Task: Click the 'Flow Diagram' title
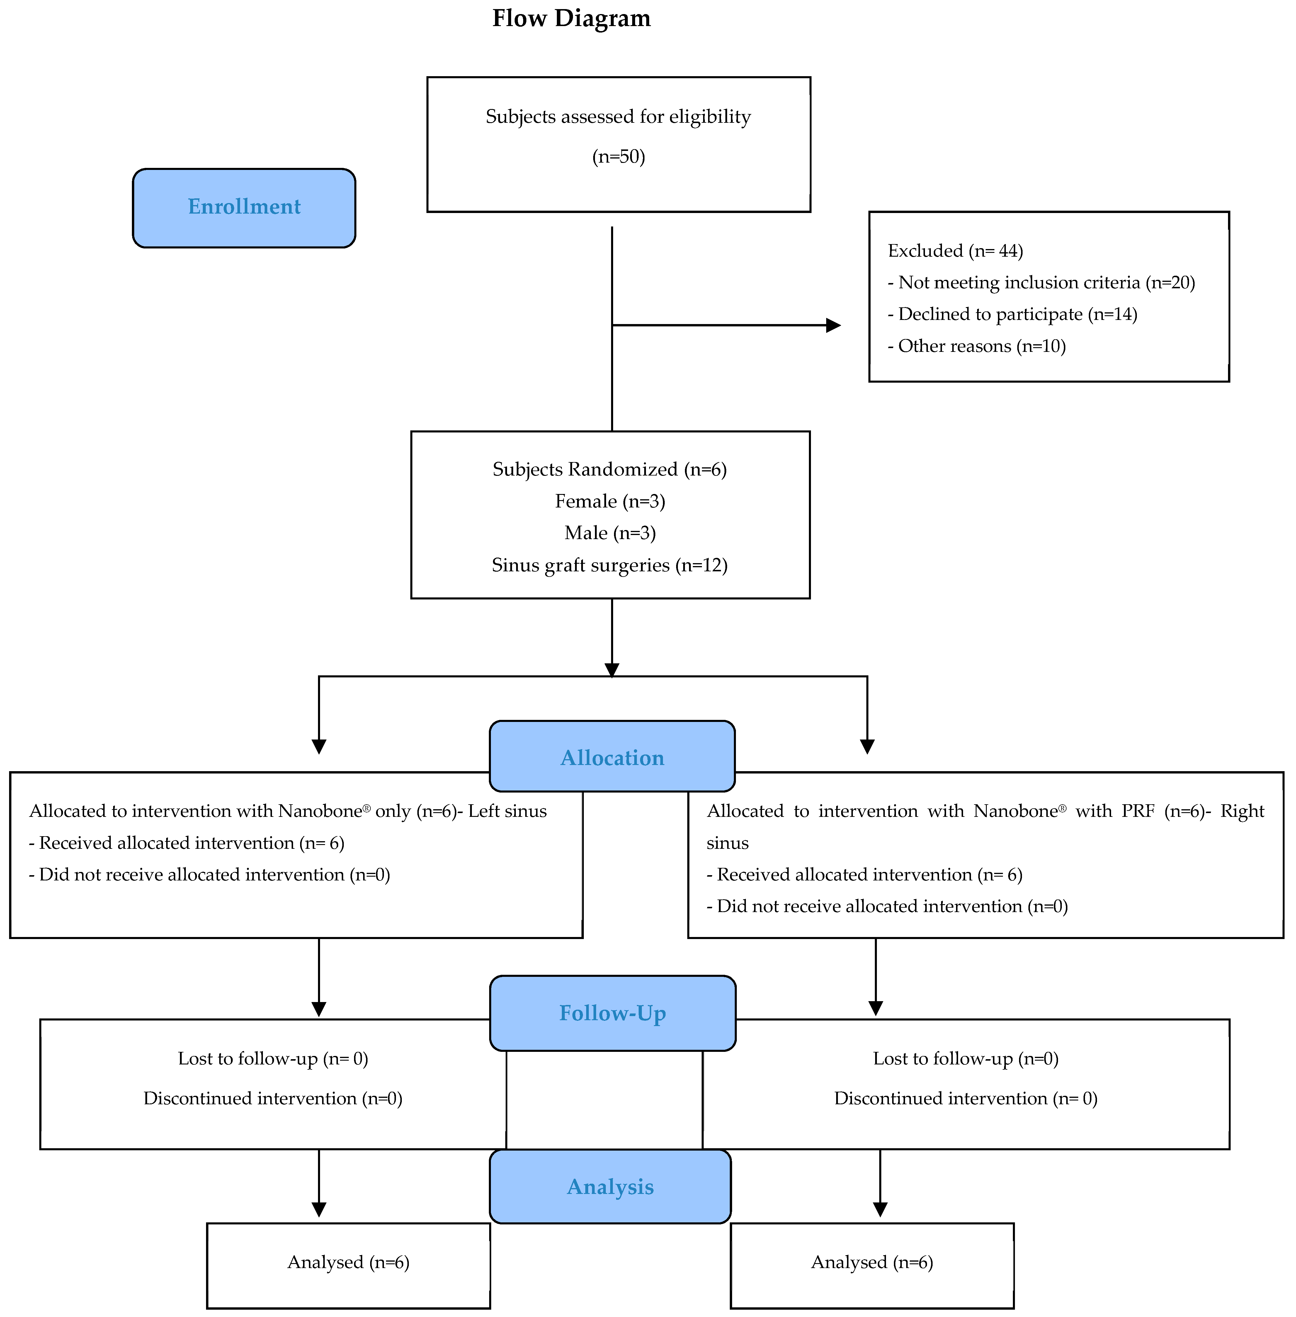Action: click(571, 18)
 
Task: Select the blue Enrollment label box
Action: click(244, 208)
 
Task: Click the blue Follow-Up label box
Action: click(612, 1013)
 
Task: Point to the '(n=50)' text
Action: click(618, 157)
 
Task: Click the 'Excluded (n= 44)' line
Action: click(955, 251)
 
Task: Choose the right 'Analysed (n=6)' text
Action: click(872, 1263)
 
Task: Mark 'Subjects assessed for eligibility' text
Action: click(618, 117)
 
